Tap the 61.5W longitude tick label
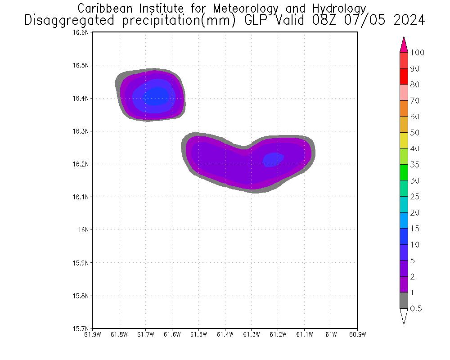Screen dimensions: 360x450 pos(198,334)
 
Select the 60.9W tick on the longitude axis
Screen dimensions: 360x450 pos(357,334)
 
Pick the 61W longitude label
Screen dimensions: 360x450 pos(331,334)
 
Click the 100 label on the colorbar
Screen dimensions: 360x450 pos(417,53)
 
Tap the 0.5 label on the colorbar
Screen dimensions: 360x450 pos(416,309)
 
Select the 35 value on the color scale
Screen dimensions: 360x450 pos(414,165)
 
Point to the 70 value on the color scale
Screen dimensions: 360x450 pos(414,101)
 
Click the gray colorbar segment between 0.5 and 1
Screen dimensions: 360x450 pos(404,300)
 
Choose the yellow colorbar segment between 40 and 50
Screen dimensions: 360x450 pos(404,140)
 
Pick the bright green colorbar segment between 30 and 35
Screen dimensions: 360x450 pos(404,172)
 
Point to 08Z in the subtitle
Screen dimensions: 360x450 pos(343,21)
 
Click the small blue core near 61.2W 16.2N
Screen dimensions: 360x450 pos(273,159)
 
